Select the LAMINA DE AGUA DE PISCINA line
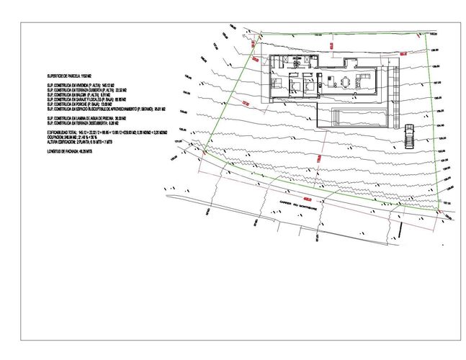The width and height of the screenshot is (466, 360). (x=87, y=118)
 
